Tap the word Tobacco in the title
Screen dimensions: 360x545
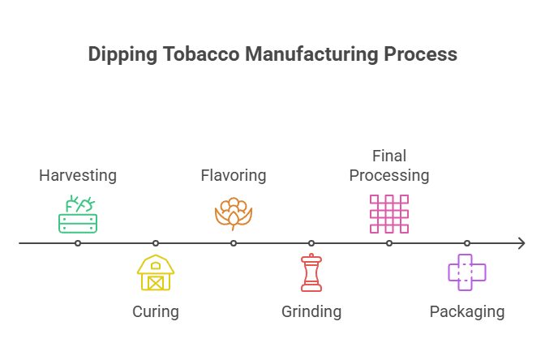(191, 54)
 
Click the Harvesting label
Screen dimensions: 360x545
(78, 175)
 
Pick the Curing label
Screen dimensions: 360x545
(155, 311)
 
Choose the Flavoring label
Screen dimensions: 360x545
(233, 175)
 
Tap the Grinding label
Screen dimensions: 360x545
(311, 311)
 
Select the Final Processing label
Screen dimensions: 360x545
(388, 165)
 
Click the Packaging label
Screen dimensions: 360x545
(466, 311)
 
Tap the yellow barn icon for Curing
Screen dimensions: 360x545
(156, 272)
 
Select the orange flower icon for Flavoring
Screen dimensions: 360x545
(234, 214)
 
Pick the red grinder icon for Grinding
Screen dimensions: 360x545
(311, 272)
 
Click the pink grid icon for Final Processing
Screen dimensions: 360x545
(389, 214)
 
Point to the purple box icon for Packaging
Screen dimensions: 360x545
(467, 272)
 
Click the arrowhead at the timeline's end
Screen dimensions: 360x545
(523, 243)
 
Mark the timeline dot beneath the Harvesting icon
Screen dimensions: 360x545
(78, 243)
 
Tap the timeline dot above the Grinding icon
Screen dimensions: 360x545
(311, 243)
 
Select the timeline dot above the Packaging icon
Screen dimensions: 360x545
(467, 243)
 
